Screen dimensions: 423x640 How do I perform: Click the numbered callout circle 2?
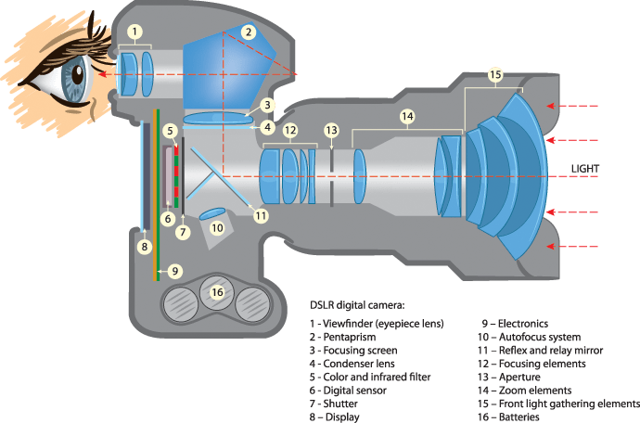248,32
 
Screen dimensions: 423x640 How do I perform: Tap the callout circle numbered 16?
217,292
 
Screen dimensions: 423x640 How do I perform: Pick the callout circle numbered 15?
495,73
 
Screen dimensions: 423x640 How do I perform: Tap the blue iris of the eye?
72,80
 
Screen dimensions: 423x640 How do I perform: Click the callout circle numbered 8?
144,247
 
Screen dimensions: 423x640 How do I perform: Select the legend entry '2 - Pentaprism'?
344,336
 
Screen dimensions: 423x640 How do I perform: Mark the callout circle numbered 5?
171,132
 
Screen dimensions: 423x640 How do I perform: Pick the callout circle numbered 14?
407,117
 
